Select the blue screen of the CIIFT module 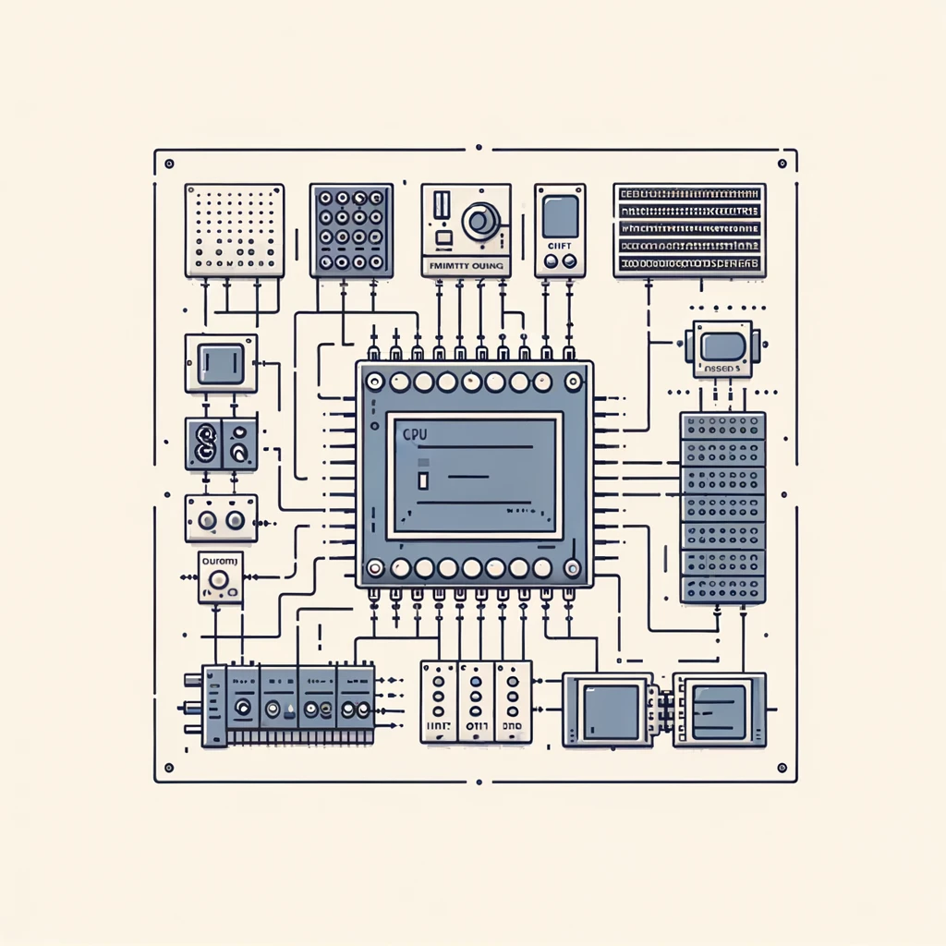tap(559, 216)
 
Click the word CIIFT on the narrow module tap(559, 247)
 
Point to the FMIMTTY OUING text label tap(466, 265)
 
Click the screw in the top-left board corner tap(168, 164)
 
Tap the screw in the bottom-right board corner tap(782, 768)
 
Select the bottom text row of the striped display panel tap(689, 264)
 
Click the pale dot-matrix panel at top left tap(235, 229)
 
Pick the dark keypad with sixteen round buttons tap(351, 230)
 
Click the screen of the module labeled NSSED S tap(722, 346)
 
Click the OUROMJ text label tap(220, 560)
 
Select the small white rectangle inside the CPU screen tap(423, 480)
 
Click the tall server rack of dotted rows tap(722, 507)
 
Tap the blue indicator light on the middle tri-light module tap(477, 699)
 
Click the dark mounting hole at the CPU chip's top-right tap(574, 381)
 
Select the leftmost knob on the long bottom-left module tap(242, 709)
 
